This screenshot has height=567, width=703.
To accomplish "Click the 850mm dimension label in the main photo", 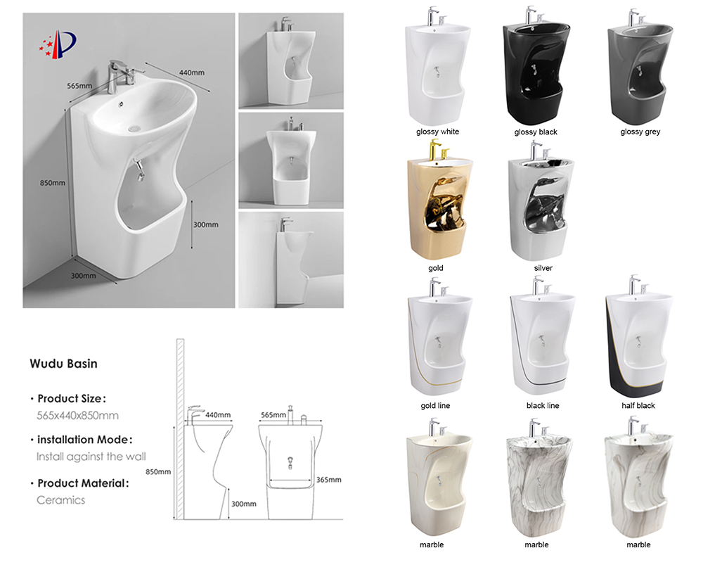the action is pos(53,183).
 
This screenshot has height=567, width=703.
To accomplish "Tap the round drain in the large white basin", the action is pos(134,129).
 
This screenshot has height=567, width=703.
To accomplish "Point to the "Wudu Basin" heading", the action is pos(64,364).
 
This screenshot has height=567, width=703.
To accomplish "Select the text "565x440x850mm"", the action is pos(77,415).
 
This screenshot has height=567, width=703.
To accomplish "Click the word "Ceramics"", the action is pos(60,500).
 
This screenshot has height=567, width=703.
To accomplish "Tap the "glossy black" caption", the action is pos(536,132).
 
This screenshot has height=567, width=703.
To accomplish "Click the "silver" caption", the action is pos(543,268).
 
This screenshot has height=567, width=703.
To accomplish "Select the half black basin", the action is pos(639,338).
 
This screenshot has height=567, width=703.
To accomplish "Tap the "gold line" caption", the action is pos(435,405).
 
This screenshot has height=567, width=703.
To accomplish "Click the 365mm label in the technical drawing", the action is pos(328,480).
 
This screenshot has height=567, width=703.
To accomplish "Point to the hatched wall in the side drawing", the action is pos(180,429).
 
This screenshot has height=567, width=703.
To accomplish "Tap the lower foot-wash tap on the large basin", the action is pos(138,170).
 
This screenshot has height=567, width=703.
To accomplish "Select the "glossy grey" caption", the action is pos(640,132).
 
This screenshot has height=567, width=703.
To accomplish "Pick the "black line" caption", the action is pos(543,405).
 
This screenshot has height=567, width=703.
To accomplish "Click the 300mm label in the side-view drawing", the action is pos(243,504).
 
